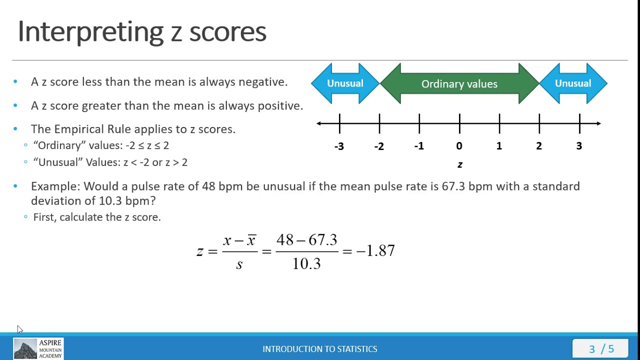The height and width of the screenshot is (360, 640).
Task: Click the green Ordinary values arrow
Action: click(459, 84)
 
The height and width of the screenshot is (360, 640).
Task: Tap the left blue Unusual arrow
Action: click(345, 83)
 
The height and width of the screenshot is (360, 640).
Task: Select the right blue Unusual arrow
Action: click(573, 83)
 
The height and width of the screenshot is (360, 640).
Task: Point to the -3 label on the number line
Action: click(339, 146)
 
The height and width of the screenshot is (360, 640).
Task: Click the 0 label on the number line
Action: click(459, 146)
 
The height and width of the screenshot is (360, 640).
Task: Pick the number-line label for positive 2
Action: click(539, 146)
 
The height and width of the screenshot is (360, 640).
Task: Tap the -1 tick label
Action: click(419, 146)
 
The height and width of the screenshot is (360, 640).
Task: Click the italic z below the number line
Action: click(460, 164)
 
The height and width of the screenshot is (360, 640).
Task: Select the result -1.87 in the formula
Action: click(375, 251)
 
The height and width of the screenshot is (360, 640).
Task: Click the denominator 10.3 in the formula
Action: click(306, 263)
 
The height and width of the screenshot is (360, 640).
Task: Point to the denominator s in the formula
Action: click(239, 264)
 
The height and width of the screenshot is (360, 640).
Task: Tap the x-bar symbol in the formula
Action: click(251, 240)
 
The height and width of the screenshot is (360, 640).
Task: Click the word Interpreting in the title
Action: click(90, 31)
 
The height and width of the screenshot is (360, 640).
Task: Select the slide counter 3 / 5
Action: click(601, 349)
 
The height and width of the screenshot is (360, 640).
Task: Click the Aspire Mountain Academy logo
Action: click(38, 349)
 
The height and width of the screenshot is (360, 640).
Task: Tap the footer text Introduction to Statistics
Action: click(320, 349)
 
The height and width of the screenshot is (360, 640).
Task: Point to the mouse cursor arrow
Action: click(19, 329)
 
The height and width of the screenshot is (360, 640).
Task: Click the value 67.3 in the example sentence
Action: click(453, 186)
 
